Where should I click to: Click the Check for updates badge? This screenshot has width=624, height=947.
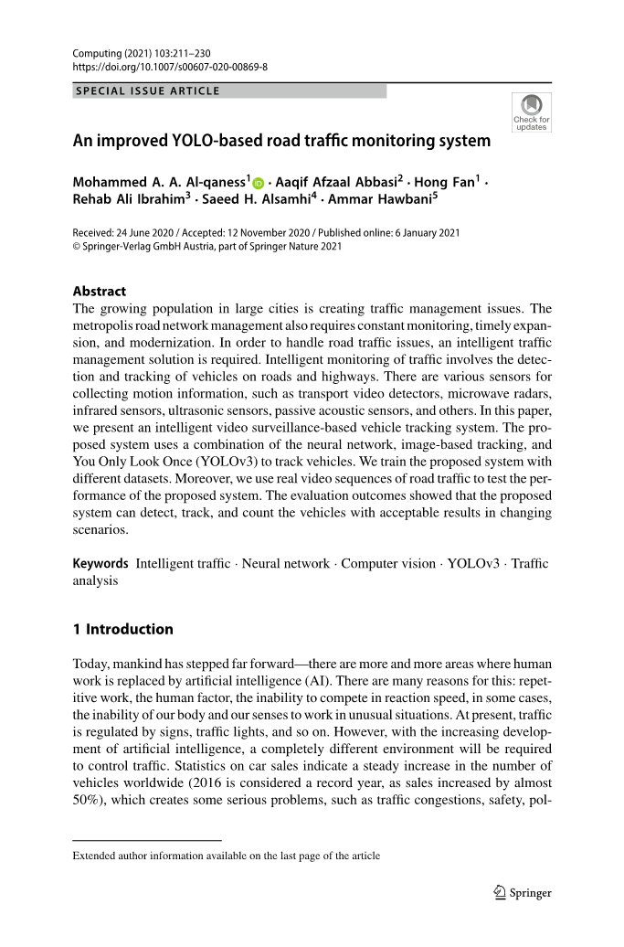[x=531, y=112]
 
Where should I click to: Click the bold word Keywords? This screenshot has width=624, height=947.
[x=100, y=563]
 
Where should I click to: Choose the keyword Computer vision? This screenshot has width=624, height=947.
[x=388, y=563]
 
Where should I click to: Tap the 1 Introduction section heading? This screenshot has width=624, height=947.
[x=122, y=629]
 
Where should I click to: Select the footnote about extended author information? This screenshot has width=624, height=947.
[x=226, y=857]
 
